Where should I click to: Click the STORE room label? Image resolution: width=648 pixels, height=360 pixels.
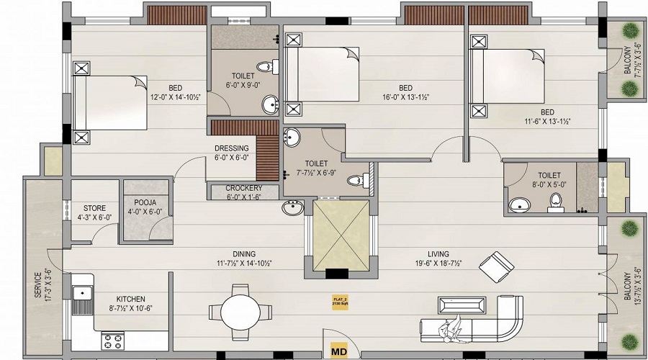[x=95, y=209]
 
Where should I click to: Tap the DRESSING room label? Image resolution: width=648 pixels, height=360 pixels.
[x=232, y=149]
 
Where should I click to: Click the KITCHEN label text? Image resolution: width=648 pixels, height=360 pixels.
[x=132, y=299]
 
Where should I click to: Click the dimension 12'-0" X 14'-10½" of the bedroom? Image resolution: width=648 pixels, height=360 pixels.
[x=175, y=96]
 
